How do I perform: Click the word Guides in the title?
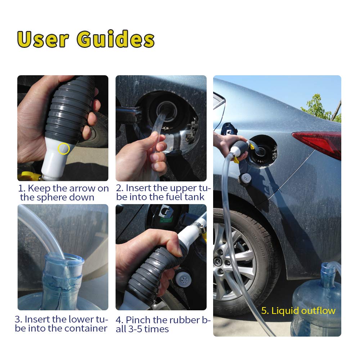(x=116, y=40)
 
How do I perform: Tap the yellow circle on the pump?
(x=64, y=149)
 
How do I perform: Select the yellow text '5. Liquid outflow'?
(x=298, y=311)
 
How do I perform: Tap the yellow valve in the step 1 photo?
(x=29, y=176)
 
